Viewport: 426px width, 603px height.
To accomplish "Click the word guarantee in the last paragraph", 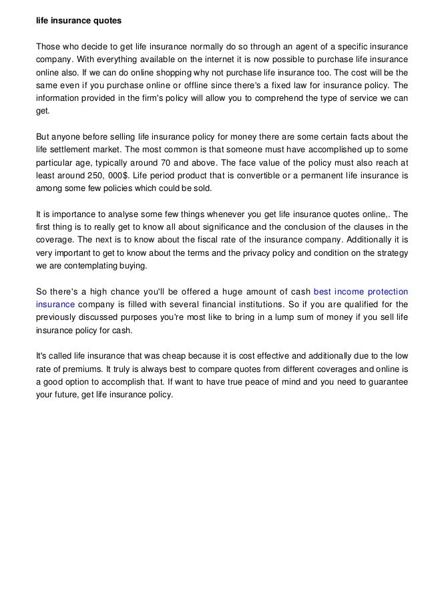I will (x=379, y=383).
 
